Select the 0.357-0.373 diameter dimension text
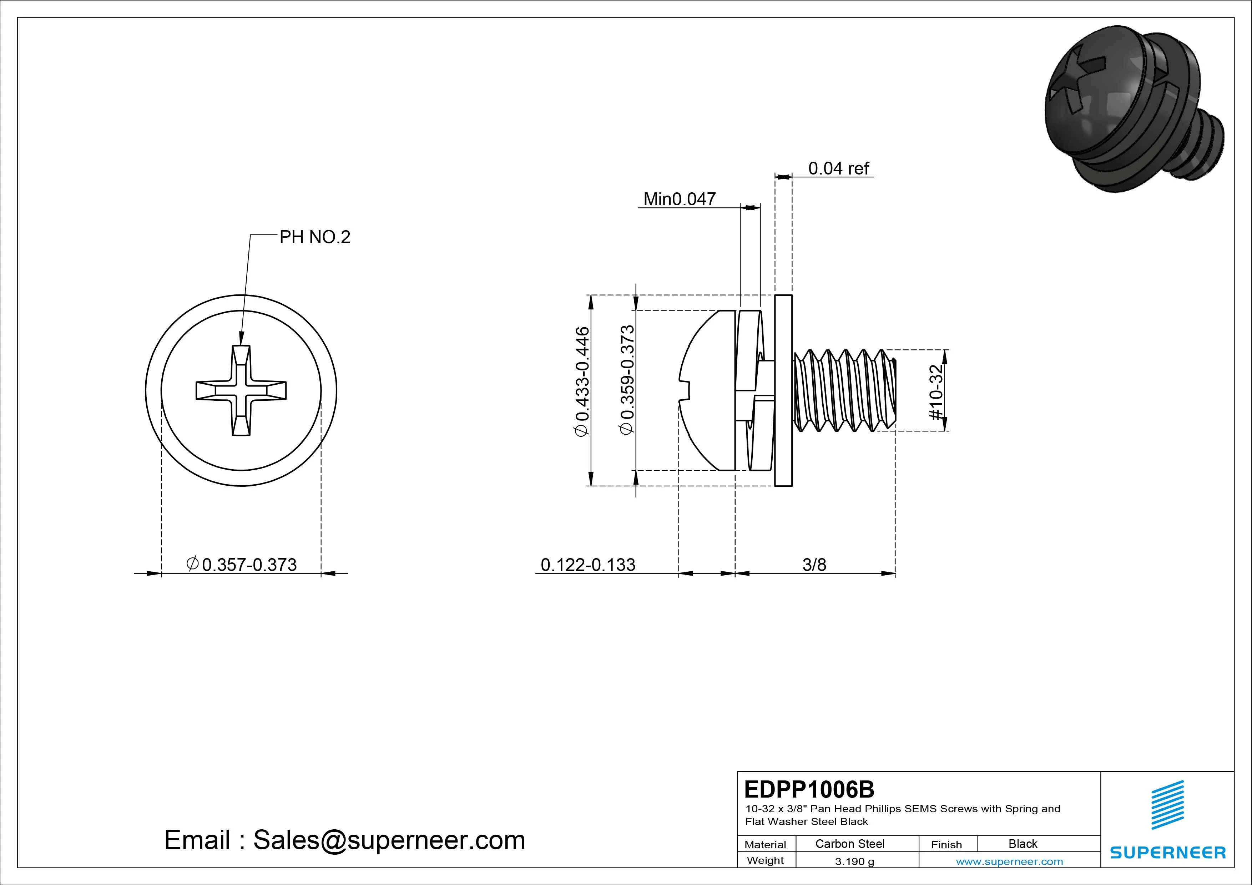249,565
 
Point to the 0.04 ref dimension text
838,168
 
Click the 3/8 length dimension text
814,565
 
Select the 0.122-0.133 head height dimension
588,565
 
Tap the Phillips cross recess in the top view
241,390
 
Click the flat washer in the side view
783,390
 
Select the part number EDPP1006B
809,789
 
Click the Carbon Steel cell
849,844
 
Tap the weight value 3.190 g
854,861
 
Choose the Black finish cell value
1023,844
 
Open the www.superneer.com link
1009,861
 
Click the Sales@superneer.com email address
389,840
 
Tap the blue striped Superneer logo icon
1167,805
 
